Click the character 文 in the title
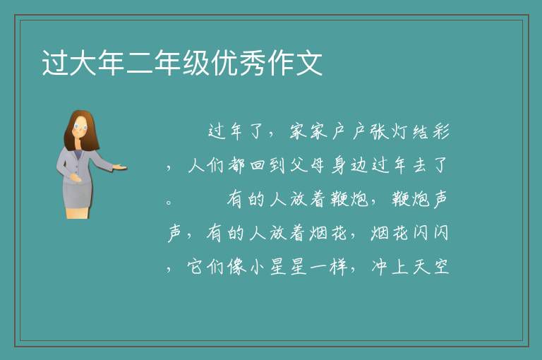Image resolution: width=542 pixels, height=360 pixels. coord(309,63)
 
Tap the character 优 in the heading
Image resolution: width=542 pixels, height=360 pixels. coord(224,63)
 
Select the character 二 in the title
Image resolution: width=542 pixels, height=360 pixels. coord(140,64)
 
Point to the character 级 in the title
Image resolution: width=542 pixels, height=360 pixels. coord(196,63)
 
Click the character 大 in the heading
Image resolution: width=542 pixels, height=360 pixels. coord(83,63)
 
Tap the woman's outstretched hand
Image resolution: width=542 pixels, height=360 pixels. coord(120,167)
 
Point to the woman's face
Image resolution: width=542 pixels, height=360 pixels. coord(80,127)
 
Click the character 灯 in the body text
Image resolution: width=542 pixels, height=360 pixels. coord(400,132)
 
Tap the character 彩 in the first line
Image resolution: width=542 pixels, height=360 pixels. coord(441,132)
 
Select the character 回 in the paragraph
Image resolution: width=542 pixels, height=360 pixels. coord(257,165)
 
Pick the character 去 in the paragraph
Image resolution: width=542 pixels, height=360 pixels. coord(420,165)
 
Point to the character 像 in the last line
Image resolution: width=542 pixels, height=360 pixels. coord(237,267)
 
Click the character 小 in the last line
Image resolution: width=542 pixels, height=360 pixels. coord(257,267)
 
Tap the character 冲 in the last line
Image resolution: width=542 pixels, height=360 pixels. coord(380,267)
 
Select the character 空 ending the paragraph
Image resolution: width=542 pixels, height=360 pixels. coord(441,267)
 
